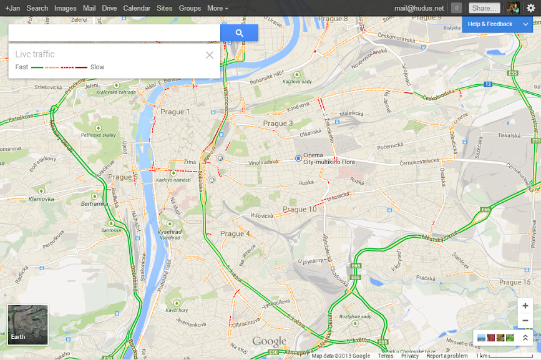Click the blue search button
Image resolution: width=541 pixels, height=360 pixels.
coord(239,33)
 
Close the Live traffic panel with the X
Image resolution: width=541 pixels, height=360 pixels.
coord(210,55)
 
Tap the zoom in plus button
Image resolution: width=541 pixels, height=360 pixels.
coord(525,306)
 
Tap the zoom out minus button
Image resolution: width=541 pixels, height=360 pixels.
coord(525,320)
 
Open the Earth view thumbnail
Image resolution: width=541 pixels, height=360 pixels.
coord(27,324)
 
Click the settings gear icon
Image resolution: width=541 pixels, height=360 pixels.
coord(531,8)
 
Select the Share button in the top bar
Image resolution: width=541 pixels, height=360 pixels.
coord(484,8)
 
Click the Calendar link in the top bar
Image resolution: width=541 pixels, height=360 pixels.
coord(137,8)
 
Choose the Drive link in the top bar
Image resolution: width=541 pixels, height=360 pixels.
coord(109,8)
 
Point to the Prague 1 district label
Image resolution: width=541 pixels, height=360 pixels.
coord(175,112)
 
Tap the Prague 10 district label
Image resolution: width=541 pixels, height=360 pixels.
coord(300,209)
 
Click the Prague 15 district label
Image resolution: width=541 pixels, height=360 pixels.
coord(515,283)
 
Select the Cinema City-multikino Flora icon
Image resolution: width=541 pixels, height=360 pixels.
coord(298,158)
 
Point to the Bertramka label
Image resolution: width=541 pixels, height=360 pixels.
coord(95,204)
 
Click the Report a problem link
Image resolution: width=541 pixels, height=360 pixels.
coord(447,356)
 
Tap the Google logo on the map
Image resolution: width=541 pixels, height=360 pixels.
coord(269,341)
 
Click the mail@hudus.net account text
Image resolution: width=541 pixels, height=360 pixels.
coord(419,8)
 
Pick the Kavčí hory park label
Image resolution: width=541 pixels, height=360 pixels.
coord(177,310)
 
